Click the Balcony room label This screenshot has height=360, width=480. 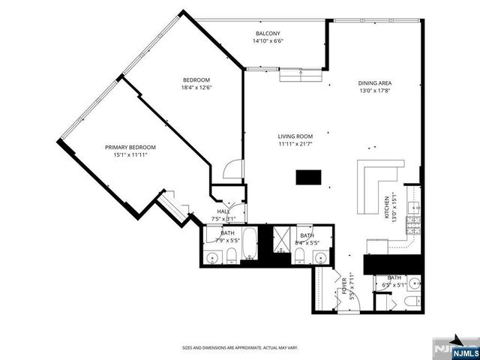pyautogui.click(x=268, y=34)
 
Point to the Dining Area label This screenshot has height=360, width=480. pyautogui.click(x=375, y=82)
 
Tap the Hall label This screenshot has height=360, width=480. pyautogui.click(x=223, y=212)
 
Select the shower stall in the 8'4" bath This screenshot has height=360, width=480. pyautogui.click(x=283, y=238)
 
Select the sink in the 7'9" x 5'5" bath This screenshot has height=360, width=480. pyautogui.click(x=212, y=259)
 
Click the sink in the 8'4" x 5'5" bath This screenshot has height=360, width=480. pyautogui.click(x=321, y=259)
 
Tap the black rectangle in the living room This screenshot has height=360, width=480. pyautogui.click(x=307, y=178)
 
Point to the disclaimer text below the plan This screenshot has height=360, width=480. pyautogui.click(x=240, y=348)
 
